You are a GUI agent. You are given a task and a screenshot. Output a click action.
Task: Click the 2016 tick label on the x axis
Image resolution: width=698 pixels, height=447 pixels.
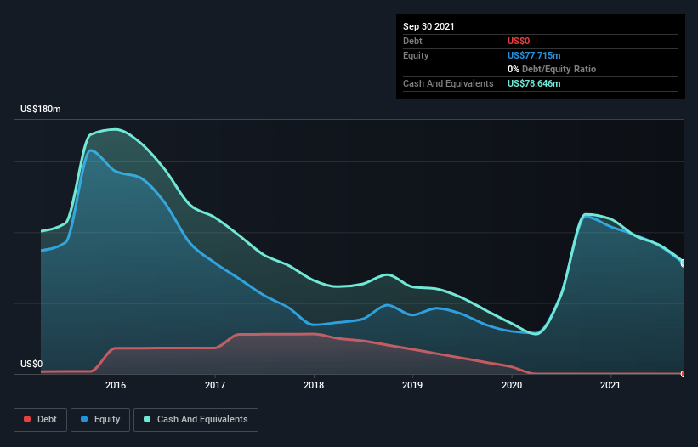click(116, 385)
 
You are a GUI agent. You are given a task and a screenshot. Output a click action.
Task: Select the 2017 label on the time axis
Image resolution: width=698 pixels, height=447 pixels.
click(215, 385)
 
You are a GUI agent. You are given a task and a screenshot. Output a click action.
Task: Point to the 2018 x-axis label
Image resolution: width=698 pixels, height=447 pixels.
click(314, 385)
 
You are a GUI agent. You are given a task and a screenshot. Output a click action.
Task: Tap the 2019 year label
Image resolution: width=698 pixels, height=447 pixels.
click(412, 385)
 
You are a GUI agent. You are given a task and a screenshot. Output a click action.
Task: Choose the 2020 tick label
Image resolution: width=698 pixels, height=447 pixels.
click(512, 385)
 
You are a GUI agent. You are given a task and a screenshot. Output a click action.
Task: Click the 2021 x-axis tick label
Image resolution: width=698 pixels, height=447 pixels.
click(610, 385)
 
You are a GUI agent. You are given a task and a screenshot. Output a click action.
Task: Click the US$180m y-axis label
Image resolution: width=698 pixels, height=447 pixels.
click(41, 110)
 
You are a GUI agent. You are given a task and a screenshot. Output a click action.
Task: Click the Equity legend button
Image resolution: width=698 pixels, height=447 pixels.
click(101, 419)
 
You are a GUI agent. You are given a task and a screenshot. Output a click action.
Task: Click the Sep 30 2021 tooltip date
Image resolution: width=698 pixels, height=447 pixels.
click(428, 26)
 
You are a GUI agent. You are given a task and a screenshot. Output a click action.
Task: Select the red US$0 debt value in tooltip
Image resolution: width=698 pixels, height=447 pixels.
click(519, 41)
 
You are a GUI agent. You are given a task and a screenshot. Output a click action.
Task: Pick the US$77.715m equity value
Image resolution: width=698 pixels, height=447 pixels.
click(533, 55)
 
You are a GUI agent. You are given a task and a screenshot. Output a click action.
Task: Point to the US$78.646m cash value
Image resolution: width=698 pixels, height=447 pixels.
click(534, 83)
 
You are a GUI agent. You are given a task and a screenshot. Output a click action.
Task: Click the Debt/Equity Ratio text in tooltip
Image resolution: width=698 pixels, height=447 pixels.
click(557, 69)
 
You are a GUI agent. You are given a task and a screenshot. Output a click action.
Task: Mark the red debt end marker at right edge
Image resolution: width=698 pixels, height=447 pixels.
click(684, 373)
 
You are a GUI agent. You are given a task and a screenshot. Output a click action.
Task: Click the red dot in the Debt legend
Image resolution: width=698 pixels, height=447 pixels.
click(28, 420)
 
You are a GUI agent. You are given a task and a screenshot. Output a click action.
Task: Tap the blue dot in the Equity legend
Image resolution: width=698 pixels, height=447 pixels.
click(85, 420)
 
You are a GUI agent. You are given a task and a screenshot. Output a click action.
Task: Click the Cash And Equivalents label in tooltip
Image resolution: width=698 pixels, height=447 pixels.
click(448, 83)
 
